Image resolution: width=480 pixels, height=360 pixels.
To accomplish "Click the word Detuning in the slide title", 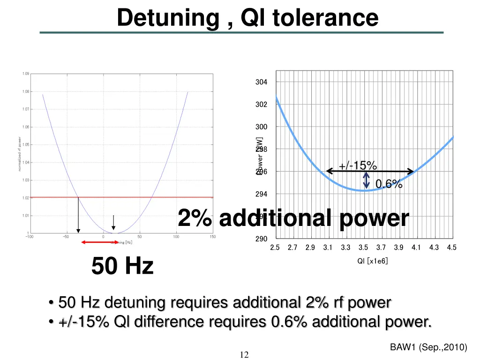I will [x=168, y=18].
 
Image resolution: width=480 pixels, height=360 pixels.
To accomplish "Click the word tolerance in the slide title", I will [x=325, y=18].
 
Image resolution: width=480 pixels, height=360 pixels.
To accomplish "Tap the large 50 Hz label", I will [x=122, y=266].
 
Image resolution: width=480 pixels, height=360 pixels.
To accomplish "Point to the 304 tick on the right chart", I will [x=261, y=82].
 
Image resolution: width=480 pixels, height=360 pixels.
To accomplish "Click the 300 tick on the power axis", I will [x=261, y=127].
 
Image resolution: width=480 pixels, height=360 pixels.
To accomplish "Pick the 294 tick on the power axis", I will [x=261, y=194].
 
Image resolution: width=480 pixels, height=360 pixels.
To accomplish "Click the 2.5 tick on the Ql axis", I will [x=275, y=247].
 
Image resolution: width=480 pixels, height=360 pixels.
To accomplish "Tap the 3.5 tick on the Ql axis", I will [x=363, y=247].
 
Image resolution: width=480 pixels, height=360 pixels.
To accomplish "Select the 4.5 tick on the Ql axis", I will [x=451, y=247].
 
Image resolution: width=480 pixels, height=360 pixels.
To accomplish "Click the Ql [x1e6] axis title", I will [x=373, y=261].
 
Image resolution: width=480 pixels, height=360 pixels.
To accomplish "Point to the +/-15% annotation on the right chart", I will [x=358, y=165].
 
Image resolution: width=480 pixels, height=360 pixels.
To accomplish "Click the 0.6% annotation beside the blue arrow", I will [x=389, y=184].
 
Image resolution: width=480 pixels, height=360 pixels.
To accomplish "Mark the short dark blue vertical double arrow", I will [x=367, y=181].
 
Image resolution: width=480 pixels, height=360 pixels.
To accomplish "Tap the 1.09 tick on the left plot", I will [x=25, y=74].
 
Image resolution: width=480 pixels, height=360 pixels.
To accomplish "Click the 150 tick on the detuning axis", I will [x=212, y=237].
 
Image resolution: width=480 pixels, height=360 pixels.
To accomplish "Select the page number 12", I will [x=244, y=354].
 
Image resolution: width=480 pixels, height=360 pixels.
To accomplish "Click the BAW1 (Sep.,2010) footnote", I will [x=428, y=347].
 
